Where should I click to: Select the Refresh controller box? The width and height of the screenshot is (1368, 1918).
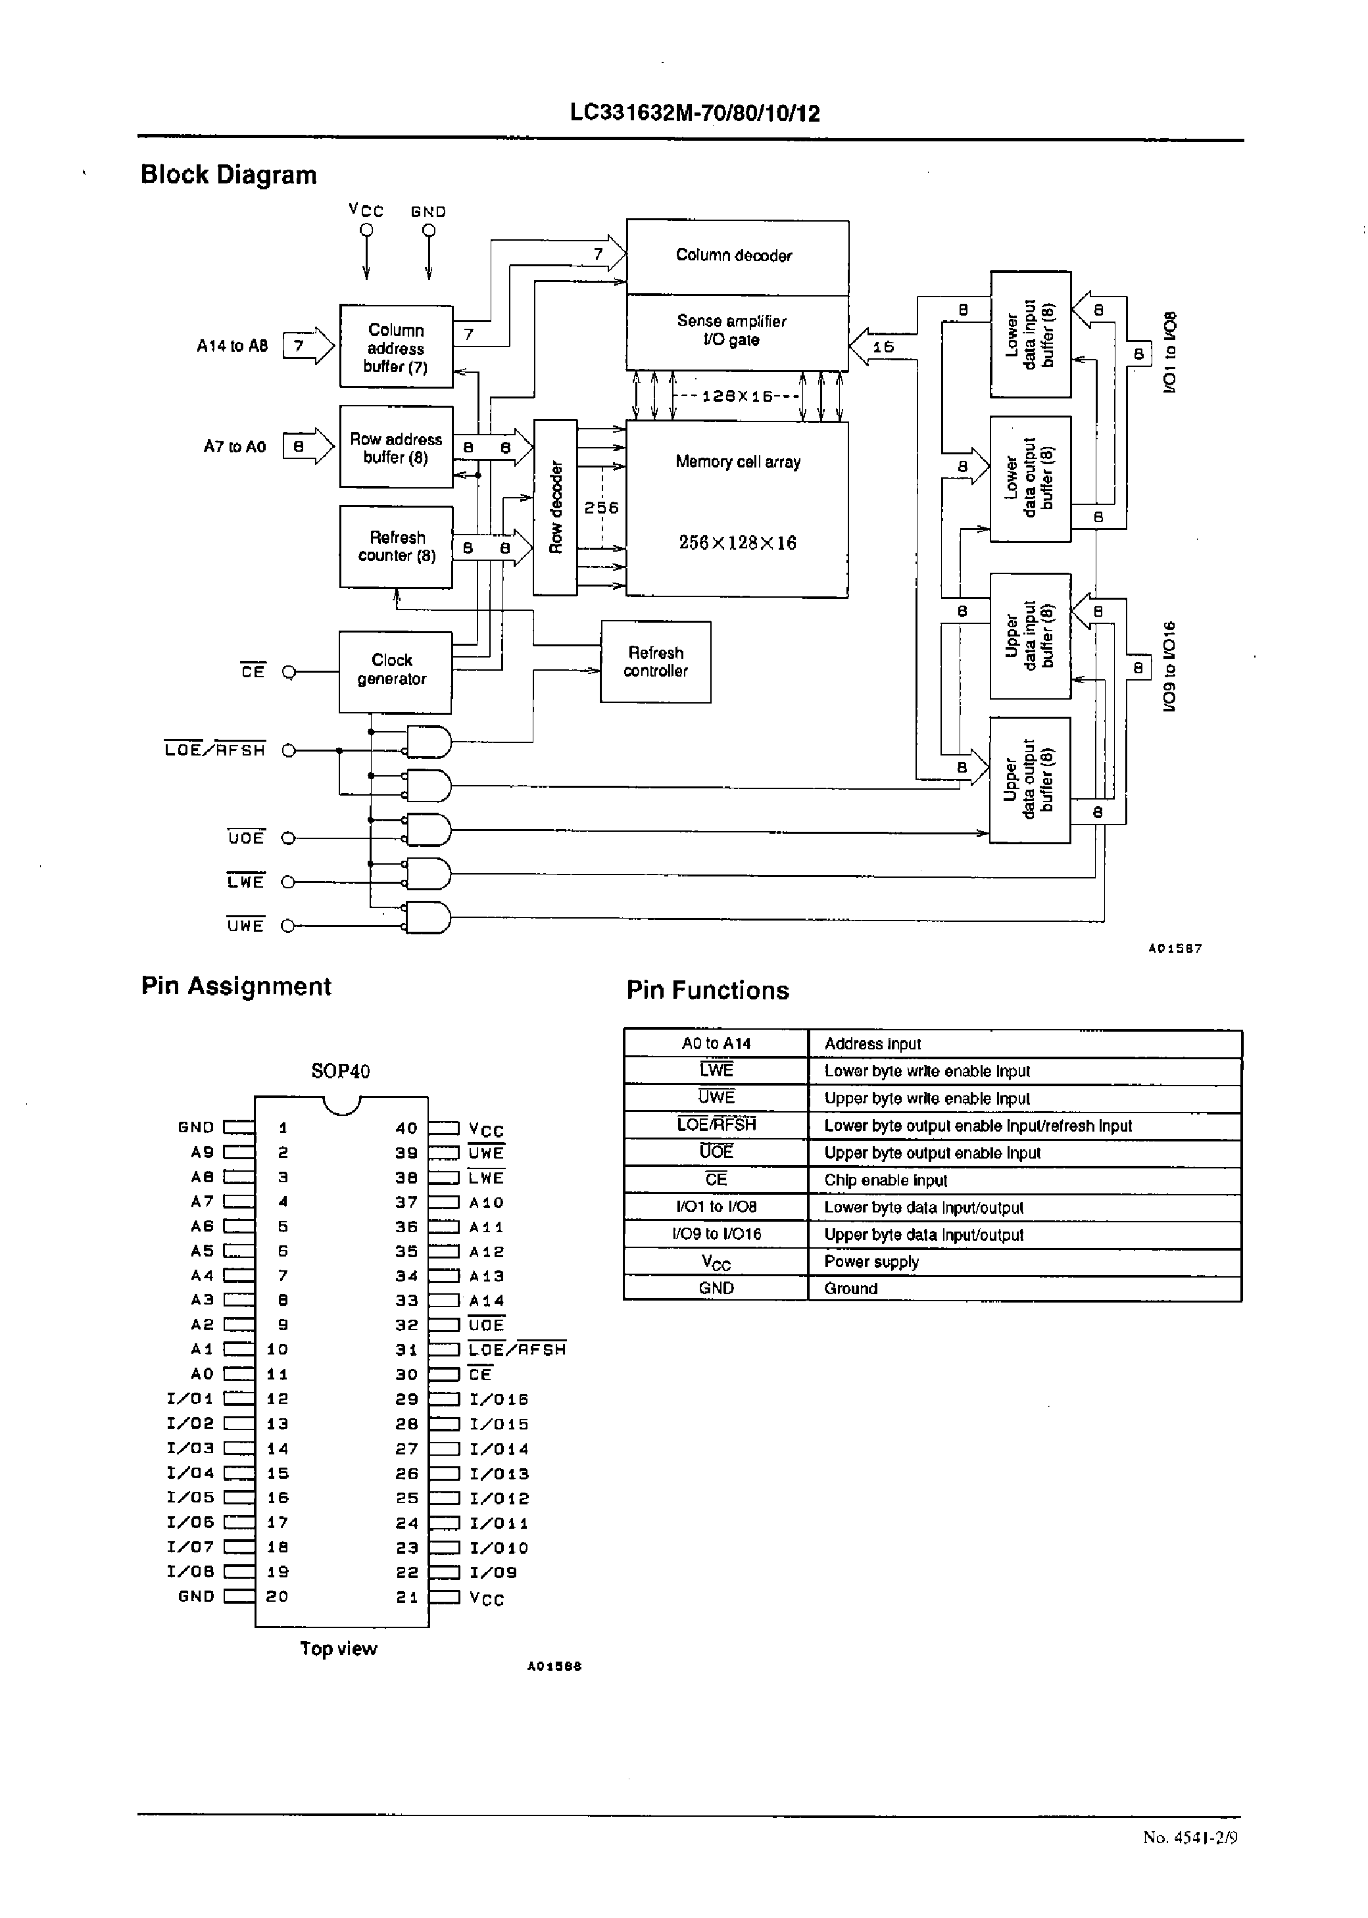[655, 661]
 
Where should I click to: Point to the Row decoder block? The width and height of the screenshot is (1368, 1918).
[555, 507]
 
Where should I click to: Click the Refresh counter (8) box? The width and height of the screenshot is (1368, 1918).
[396, 546]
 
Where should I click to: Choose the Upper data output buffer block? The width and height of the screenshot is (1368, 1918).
[1029, 780]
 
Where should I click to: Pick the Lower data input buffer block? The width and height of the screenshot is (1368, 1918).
[1030, 334]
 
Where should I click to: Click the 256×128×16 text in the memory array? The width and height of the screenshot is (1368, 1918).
[737, 543]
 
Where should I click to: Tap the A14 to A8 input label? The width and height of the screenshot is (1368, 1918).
[232, 346]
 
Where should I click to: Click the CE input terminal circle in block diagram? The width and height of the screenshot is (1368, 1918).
[289, 672]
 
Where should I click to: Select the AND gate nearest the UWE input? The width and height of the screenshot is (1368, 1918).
[429, 918]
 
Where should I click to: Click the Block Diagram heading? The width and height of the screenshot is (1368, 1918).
[228, 174]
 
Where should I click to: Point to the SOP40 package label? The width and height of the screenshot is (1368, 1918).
[340, 1071]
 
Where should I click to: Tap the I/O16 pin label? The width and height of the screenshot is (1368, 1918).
[499, 1399]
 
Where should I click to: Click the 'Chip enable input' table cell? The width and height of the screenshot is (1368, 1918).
[885, 1180]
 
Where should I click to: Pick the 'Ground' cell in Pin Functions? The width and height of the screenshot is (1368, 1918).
[851, 1288]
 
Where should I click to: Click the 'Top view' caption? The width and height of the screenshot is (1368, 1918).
[339, 1648]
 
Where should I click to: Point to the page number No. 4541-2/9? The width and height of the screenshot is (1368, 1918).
[1189, 1837]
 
